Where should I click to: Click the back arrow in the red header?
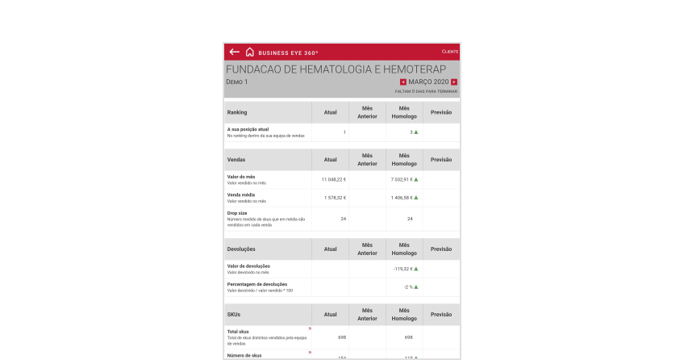(x=235, y=52)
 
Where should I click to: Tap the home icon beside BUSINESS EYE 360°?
(x=250, y=52)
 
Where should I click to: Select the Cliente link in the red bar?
(x=450, y=52)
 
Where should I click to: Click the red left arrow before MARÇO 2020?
(x=403, y=82)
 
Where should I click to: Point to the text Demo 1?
(x=237, y=82)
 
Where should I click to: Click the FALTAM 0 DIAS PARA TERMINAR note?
(x=426, y=91)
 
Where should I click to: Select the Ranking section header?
(x=238, y=112)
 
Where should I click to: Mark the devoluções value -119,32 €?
(x=402, y=269)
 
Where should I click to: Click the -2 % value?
(x=409, y=287)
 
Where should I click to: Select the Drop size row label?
(x=238, y=213)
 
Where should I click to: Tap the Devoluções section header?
(x=242, y=249)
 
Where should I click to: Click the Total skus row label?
(x=240, y=331)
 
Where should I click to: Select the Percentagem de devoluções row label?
(x=257, y=284)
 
